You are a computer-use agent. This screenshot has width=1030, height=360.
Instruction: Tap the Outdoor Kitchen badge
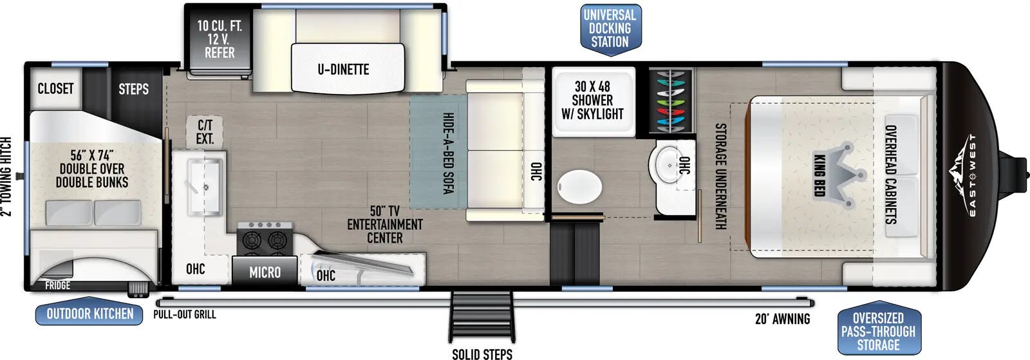tap(89, 314)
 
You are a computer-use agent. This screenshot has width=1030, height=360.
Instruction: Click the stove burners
tap(265, 239)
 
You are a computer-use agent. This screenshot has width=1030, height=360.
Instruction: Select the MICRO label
tap(265, 272)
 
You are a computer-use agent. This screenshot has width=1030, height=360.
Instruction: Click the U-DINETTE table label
tap(344, 70)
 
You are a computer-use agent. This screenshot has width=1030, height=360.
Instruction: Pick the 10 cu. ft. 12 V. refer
tap(220, 39)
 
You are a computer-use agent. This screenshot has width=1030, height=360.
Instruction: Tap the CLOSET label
tap(55, 88)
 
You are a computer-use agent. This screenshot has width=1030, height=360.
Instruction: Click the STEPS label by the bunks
tap(133, 89)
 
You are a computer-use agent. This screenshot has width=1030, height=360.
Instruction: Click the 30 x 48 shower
tap(593, 102)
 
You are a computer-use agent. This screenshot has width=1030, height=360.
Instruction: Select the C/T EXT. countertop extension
tap(205, 132)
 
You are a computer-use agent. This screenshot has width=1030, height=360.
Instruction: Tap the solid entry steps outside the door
tap(482, 317)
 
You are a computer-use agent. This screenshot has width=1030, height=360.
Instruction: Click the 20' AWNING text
tap(783, 319)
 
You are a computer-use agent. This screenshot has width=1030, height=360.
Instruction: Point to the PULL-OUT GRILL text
tap(184, 314)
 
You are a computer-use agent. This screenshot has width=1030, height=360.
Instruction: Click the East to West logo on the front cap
tap(966, 176)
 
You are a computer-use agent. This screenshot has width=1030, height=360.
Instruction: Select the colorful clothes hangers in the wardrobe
tap(671, 101)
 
